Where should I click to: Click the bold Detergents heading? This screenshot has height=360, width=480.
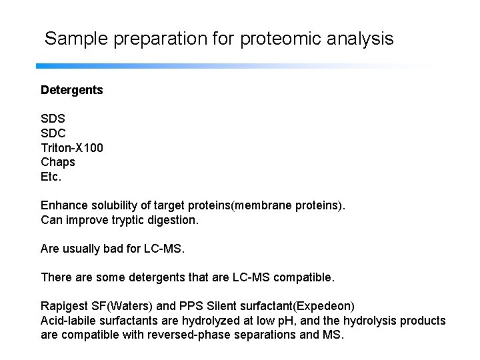pos(72,89)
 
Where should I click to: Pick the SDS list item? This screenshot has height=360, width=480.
pos(53,118)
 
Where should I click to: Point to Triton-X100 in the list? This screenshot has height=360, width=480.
pos(72,147)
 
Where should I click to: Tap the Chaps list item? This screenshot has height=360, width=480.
pos(58,161)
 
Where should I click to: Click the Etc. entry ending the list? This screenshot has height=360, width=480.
pos(51,176)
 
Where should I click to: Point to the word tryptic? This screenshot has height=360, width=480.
pos(120,219)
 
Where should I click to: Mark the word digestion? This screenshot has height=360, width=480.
pos(167,219)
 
